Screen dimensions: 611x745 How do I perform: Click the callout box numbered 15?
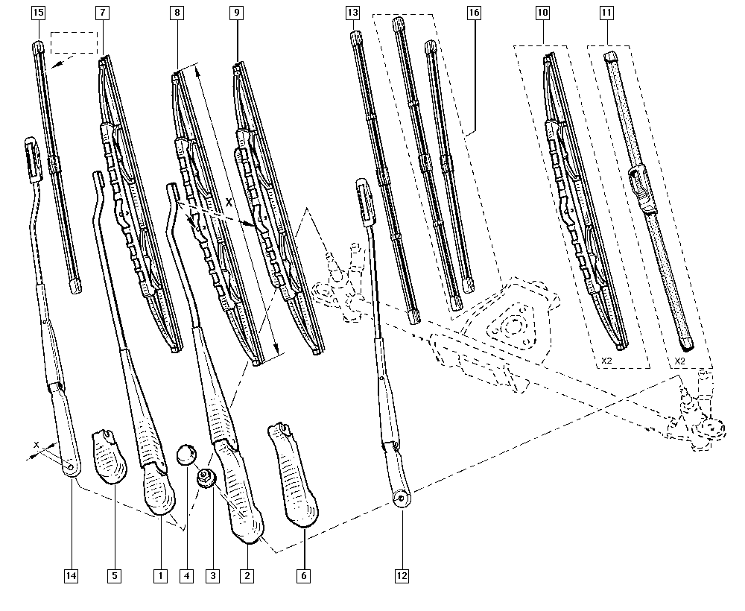[x=39, y=13]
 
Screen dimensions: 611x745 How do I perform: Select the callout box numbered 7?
[x=102, y=13]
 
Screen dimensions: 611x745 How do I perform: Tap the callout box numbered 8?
[x=176, y=13]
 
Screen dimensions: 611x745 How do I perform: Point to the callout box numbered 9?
[x=236, y=13]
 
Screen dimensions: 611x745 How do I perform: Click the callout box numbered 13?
[x=353, y=13]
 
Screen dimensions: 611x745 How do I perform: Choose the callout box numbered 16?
[x=474, y=13]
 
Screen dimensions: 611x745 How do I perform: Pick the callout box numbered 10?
[x=542, y=13]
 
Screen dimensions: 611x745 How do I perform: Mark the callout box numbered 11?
[x=608, y=13]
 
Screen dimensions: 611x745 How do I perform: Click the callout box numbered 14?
[x=72, y=574]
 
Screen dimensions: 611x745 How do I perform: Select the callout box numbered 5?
[x=114, y=574]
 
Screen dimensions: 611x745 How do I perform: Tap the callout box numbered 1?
[x=159, y=574]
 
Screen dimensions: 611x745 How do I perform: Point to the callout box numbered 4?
[x=186, y=574]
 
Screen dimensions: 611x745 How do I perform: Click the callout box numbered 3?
[x=214, y=574]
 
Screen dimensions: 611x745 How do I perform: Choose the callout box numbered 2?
[x=247, y=574]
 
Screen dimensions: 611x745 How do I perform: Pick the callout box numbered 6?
[x=304, y=574]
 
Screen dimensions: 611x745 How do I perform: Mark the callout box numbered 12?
[x=402, y=574]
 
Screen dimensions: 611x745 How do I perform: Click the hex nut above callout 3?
[x=206, y=478]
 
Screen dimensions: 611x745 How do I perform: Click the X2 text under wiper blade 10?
[x=608, y=361]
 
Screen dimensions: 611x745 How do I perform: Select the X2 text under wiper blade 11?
[x=679, y=361]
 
